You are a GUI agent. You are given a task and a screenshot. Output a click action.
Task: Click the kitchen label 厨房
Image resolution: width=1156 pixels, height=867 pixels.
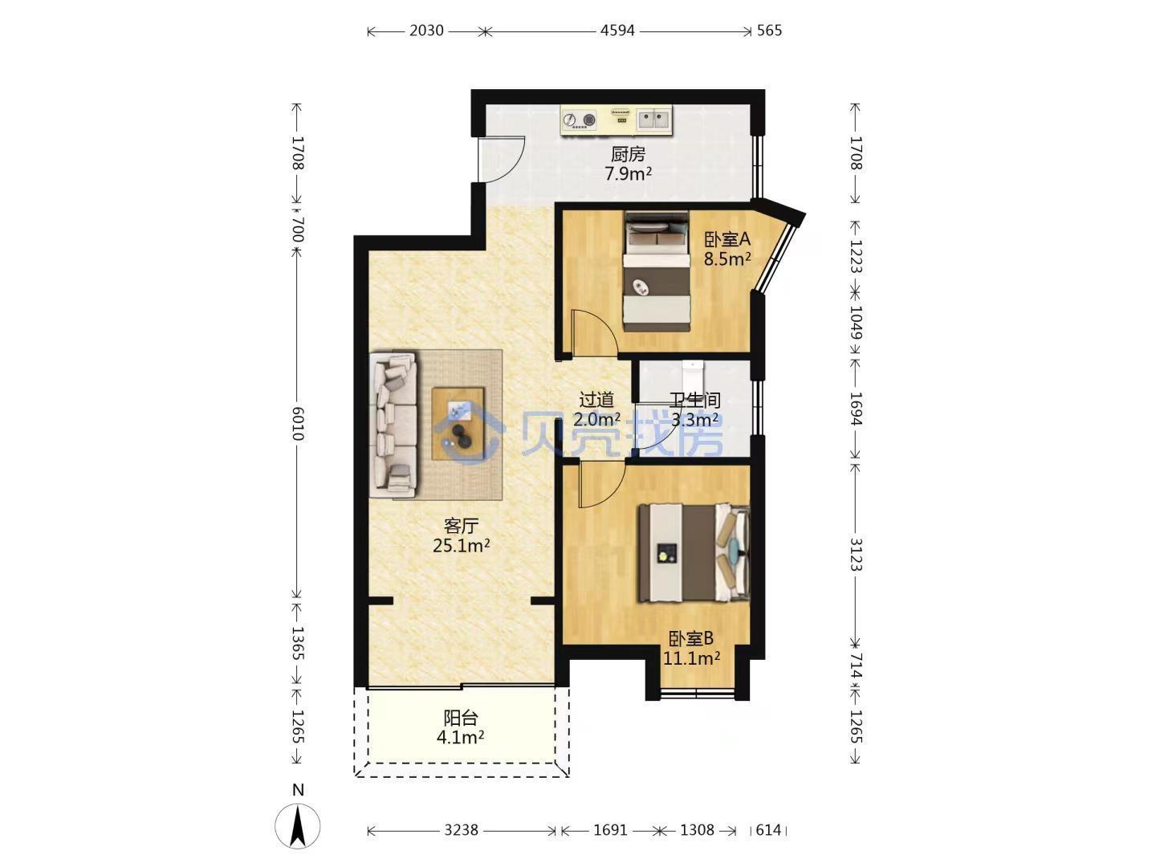click(628, 154)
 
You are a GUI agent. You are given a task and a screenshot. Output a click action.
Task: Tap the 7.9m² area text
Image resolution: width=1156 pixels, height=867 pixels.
click(628, 173)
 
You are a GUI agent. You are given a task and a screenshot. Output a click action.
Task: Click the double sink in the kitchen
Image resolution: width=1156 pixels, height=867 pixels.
click(653, 120)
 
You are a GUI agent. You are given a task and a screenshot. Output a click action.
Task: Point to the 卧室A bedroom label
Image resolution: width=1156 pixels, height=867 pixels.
click(727, 239)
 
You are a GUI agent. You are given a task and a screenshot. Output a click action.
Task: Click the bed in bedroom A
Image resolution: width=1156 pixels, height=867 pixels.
click(656, 271)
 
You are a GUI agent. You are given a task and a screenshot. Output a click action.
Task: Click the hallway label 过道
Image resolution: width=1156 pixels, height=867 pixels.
click(596, 400)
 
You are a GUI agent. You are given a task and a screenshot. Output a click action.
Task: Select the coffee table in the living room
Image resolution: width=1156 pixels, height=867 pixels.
click(458, 424)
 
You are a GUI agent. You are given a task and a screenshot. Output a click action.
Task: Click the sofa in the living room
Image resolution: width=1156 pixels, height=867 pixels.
click(393, 425)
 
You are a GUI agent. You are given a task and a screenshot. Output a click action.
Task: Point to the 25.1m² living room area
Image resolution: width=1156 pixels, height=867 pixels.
click(462, 546)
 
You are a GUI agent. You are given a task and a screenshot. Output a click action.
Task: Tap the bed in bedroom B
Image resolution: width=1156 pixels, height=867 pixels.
click(694, 553)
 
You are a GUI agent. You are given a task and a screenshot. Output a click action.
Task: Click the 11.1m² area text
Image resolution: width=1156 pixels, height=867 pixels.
click(691, 658)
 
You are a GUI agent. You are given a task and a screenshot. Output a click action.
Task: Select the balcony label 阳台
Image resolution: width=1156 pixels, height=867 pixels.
click(460, 718)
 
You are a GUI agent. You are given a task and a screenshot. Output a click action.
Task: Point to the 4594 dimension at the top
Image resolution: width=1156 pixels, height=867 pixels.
click(617, 31)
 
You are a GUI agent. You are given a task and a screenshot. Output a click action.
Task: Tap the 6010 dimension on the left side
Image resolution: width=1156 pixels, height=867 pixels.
click(298, 423)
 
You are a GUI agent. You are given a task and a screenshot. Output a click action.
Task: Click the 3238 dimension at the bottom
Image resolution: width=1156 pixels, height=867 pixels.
click(461, 830)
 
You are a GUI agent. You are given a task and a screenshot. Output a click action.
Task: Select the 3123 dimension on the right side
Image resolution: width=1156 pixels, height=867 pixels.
click(856, 554)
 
